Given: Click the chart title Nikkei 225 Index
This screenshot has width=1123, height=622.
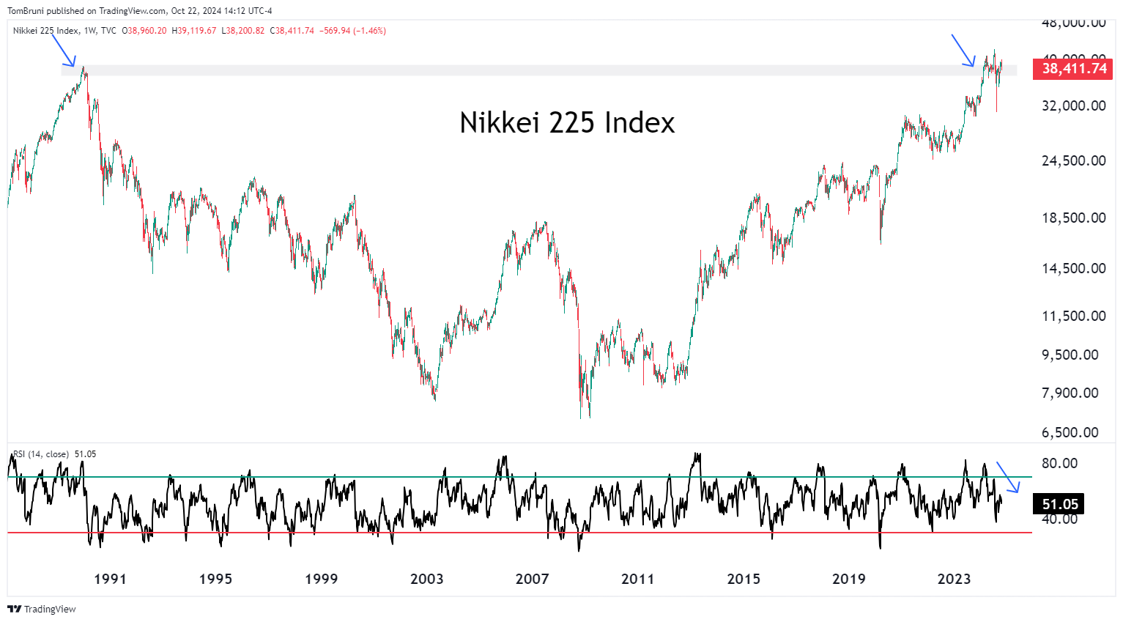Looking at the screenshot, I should [x=567, y=122].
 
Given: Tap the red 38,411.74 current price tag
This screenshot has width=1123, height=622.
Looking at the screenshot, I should [x=1073, y=68].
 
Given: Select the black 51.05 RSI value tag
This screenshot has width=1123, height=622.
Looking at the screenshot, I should [x=1059, y=504].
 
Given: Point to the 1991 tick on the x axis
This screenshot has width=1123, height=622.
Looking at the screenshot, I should [x=110, y=579].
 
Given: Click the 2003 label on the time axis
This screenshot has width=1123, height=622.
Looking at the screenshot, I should [x=426, y=579].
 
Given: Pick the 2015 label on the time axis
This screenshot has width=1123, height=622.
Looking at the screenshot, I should [x=744, y=579].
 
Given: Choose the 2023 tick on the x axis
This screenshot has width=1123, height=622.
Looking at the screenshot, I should [x=954, y=579].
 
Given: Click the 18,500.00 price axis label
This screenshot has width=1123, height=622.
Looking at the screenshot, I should [x=1073, y=218].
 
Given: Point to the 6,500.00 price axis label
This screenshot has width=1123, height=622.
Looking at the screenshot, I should [x=1073, y=432].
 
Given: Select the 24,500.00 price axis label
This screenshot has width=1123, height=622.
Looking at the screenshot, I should [x=1073, y=160].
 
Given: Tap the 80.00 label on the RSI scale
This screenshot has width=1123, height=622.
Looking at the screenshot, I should [x=1059, y=463].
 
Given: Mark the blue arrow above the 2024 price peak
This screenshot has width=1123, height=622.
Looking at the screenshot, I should [x=963, y=51].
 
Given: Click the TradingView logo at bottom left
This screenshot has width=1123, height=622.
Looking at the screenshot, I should [x=42, y=609].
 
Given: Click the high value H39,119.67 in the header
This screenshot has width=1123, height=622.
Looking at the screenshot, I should [x=194, y=31].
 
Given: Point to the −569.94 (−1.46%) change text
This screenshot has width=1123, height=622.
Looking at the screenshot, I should [x=352, y=31].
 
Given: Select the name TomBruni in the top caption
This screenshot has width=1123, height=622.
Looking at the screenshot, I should [x=26, y=11].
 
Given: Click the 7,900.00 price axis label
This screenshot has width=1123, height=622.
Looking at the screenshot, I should [x=1073, y=393].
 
